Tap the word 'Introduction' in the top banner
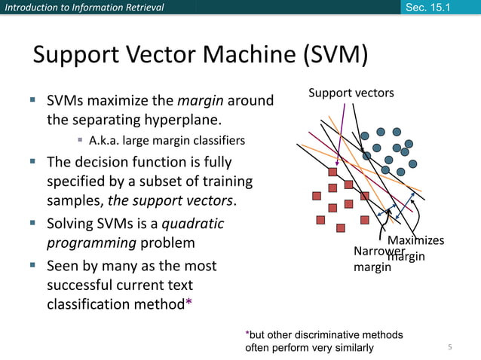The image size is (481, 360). pos(29,8)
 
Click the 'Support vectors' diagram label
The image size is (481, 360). pos(351,93)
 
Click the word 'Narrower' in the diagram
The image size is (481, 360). pos(375,251)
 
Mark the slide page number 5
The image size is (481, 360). pos(449,346)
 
